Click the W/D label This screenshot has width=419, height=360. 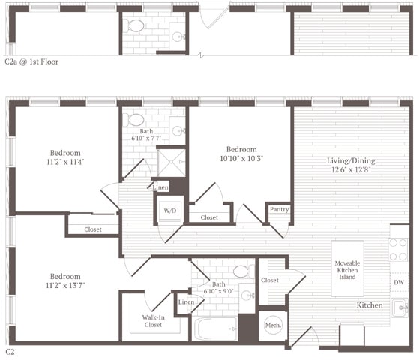(x=169, y=211)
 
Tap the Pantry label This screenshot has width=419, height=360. (x=280, y=210)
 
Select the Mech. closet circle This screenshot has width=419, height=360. (x=273, y=325)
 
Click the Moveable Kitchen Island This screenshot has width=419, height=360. (x=349, y=268)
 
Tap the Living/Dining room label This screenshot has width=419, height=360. (x=350, y=165)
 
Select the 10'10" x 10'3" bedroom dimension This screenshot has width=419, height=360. (x=241, y=159)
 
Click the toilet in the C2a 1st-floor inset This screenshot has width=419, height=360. (x=136, y=26)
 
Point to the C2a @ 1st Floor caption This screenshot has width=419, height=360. (x=31, y=62)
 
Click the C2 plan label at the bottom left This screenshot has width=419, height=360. (x=10, y=351)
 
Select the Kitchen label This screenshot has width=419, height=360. (x=370, y=305)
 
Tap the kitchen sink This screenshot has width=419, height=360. (x=400, y=307)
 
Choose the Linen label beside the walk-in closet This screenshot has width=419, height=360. (x=186, y=301)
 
